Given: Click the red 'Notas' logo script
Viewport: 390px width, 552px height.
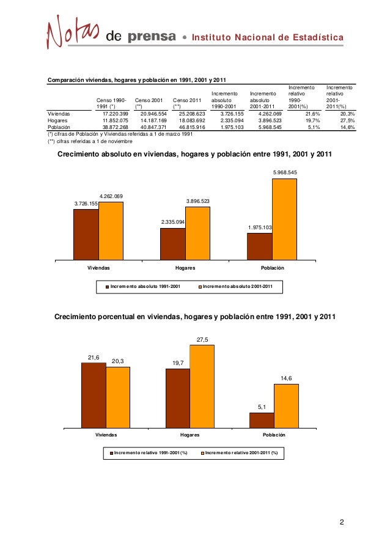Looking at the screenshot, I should [73, 34].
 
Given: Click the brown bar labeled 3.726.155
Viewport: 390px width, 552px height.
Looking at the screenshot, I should [86, 235].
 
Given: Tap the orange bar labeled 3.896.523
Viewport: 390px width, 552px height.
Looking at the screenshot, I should [197, 234].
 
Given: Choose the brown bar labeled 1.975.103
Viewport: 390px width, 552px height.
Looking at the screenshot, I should [259, 246].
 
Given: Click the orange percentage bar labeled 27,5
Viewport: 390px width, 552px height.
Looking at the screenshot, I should [202, 387].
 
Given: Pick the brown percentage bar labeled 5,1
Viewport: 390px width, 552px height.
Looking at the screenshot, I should [262, 421].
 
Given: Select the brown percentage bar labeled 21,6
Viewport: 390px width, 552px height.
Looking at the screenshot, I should [94, 396].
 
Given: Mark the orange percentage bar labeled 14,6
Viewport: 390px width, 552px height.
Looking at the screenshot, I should [286, 406].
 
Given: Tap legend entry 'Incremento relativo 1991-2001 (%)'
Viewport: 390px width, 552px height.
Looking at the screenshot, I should [149, 453].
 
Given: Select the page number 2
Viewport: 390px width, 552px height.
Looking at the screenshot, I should [342, 522].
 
